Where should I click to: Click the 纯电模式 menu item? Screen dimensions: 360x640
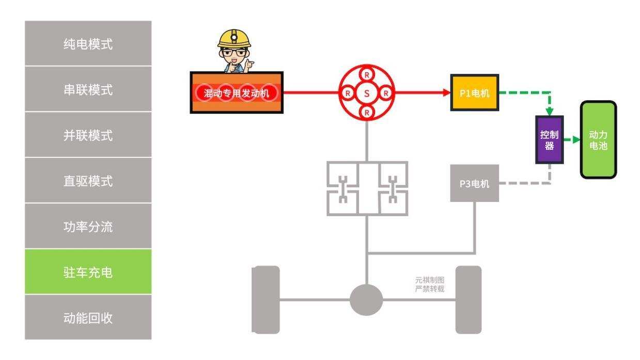[x=88, y=44]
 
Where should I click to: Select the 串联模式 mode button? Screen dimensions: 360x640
[x=88, y=89]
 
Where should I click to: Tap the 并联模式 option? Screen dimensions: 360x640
[x=88, y=135]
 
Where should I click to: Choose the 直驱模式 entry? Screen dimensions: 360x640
[x=88, y=181]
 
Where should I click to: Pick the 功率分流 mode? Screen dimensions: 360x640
[x=88, y=226]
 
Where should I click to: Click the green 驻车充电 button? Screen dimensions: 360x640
[x=88, y=272]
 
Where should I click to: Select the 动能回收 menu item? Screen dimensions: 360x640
[x=88, y=318]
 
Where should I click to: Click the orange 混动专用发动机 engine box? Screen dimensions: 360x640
[x=237, y=93]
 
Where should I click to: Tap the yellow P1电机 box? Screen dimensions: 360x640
[x=475, y=93]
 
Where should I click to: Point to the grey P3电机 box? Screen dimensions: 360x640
[x=475, y=183]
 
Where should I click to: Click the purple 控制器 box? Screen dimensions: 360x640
[x=549, y=139]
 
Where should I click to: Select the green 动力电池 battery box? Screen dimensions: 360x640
[x=598, y=139]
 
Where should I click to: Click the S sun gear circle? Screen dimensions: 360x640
[x=367, y=93]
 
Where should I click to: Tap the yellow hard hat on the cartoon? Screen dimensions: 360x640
[x=234, y=38]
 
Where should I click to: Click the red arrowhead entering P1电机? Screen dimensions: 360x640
[x=447, y=93]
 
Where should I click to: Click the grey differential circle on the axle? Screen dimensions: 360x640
[x=366, y=300]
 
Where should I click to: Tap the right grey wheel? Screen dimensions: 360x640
[x=469, y=300]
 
